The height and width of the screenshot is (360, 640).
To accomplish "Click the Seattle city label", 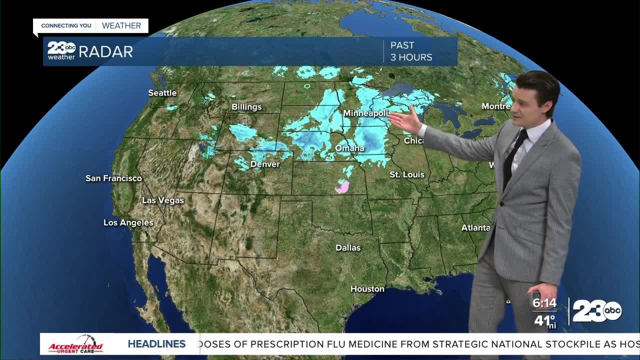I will (x=162, y=93).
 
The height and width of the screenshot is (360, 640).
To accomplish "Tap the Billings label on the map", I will (x=246, y=107).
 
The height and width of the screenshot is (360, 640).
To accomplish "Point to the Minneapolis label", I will (x=366, y=113).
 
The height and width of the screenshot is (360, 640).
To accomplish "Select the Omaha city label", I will (x=349, y=148).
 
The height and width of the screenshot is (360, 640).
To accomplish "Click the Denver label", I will (x=265, y=164).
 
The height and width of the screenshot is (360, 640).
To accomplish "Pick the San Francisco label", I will (x=113, y=178).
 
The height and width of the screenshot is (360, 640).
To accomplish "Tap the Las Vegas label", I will (x=163, y=200).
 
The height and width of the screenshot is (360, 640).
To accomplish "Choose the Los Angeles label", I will (x=128, y=222).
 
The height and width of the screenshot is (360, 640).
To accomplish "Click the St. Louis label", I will (x=407, y=174).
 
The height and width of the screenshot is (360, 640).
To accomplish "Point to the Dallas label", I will (x=348, y=248).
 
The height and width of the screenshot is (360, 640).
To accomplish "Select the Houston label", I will (x=367, y=289).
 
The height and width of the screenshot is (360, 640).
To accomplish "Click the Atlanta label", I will (x=475, y=228).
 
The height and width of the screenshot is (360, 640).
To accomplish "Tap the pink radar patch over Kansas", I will (x=342, y=187).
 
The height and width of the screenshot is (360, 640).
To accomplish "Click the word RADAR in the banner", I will (x=105, y=51).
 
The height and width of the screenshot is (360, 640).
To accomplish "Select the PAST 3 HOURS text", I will (x=411, y=51).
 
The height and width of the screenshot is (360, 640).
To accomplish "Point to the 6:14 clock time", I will (x=544, y=303).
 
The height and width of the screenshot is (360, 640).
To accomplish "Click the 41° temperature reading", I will (x=544, y=320).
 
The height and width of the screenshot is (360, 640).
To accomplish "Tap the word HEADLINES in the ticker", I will (x=156, y=344).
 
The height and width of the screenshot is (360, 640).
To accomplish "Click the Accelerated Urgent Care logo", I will (x=75, y=344).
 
